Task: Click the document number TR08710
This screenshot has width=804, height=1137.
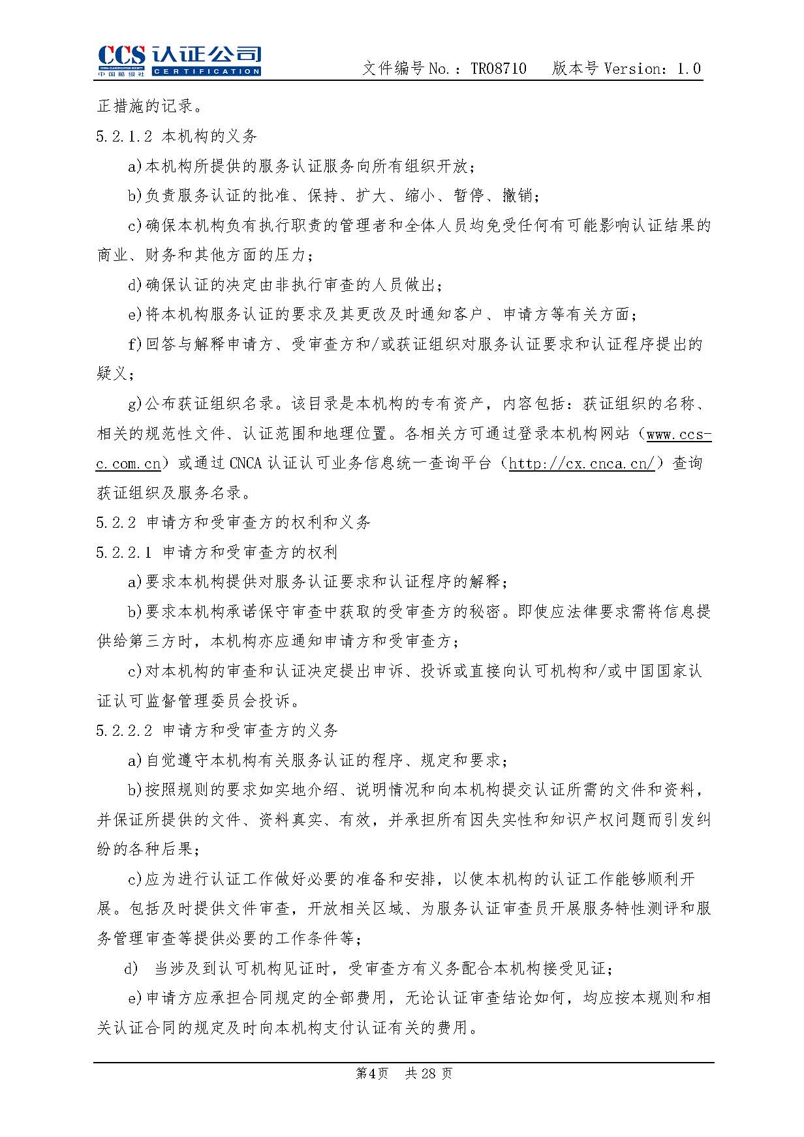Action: click(x=499, y=68)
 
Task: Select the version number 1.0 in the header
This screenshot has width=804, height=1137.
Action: click(x=689, y=68)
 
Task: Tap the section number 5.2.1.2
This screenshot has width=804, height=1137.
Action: click(x=124, y=136)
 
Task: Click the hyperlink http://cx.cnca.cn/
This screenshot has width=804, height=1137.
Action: click(x=581, y=464)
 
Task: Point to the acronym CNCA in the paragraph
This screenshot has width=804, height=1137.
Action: click(x=245, y=464)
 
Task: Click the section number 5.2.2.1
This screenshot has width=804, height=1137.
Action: click(x=124, y=553)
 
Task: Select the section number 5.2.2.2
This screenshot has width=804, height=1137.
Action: click(x=124, y=731)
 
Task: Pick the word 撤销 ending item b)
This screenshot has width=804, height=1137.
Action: click(x=518, y=196)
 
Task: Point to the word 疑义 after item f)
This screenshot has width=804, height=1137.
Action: click(x=112, y=374)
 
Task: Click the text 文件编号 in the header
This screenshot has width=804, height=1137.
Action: click(x=393, y=68)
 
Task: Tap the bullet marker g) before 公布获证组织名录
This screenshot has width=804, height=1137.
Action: click(x=134, y=404)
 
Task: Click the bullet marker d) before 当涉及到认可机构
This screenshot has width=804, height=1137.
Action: click(x=131, y=969)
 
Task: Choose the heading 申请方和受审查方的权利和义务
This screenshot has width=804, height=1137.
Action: click(x=258, y=523)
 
